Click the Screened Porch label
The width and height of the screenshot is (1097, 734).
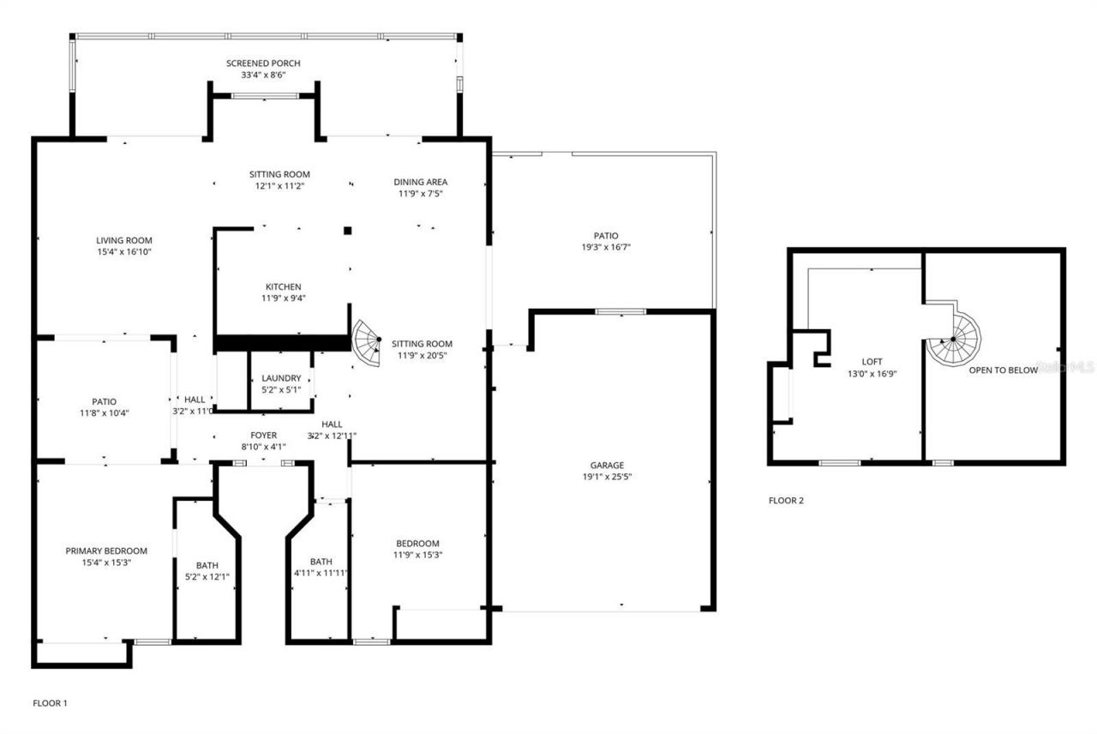[263, 63]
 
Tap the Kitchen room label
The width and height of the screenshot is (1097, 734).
[283, 286]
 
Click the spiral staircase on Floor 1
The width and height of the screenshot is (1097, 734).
[369, 342]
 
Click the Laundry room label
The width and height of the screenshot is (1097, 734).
[281, 378]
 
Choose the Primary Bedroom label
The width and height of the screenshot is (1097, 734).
[107, 550]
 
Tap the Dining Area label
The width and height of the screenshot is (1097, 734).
[420, 182]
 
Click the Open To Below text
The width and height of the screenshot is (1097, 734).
[1003, 370]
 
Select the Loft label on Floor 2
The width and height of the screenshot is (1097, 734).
[872, 362]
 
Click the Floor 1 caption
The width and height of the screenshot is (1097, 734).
[50, 703]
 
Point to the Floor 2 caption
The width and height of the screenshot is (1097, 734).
[786, 501]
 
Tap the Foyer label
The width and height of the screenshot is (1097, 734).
[263, 436]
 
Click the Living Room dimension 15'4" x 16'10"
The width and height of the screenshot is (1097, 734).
[124, 252]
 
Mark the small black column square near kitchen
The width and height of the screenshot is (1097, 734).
[347, 230]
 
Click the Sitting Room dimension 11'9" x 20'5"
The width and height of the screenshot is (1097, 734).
[422, 355]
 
